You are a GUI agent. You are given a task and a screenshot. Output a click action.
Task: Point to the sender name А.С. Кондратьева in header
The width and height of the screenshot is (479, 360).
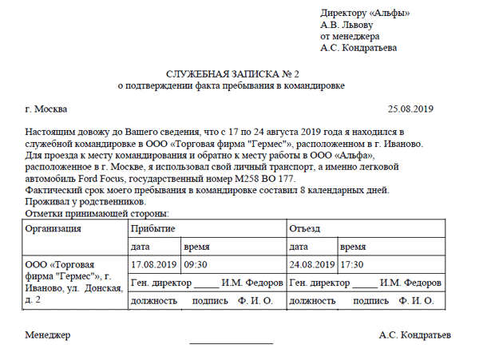(x=358, y=48)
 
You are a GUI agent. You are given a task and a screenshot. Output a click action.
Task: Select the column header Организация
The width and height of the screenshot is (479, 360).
(x=53, y=228)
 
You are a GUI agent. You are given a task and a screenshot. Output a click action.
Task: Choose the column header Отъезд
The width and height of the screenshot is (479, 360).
(x=307, y=228)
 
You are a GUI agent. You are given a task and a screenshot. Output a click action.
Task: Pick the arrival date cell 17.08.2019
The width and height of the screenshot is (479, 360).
(x=153, y=264)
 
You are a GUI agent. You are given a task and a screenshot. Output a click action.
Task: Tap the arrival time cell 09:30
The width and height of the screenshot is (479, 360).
(x=196, y=264)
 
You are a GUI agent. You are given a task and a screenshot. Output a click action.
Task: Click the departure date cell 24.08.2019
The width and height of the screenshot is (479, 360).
(x=312, y=264)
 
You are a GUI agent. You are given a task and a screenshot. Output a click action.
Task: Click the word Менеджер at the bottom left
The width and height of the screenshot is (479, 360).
(x=48, y=334)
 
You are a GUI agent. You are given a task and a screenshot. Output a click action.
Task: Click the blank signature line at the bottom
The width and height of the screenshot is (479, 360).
(x=231, y=342)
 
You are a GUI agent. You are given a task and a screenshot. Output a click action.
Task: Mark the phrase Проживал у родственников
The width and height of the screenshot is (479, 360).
(x=83, y=203)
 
